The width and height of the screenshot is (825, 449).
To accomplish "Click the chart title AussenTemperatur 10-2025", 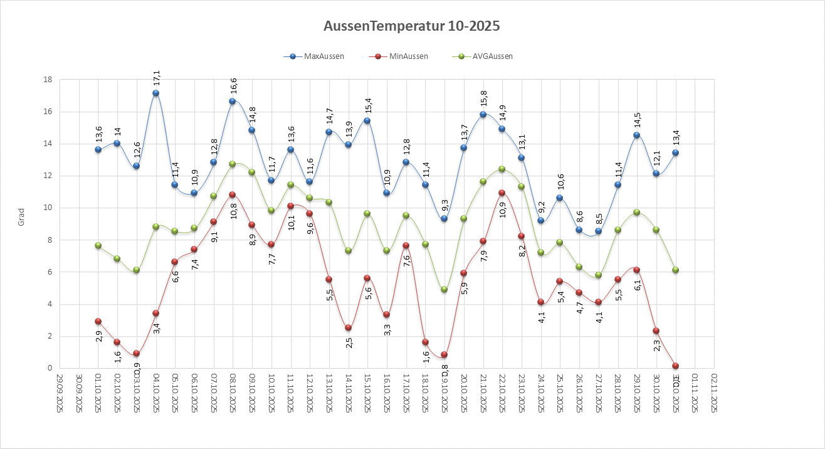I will (412, 26).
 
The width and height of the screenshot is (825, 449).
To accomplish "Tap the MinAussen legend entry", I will (407, 56).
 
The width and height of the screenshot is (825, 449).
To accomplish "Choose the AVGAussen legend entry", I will (491, 56).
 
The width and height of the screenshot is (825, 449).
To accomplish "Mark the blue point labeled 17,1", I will (155, 93).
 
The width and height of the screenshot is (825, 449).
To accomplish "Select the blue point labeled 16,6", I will (233, 101).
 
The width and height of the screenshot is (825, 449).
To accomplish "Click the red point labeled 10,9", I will (502, 193).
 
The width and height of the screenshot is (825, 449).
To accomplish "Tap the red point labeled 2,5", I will (348, 327).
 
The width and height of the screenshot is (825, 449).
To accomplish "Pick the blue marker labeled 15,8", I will (483, 114).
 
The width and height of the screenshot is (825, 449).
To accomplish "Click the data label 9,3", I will (444, 206).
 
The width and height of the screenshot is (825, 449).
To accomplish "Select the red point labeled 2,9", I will (98, 321).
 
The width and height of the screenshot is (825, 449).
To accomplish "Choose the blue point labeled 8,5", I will (598, 231).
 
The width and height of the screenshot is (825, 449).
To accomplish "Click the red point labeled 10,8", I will (233, 194).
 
